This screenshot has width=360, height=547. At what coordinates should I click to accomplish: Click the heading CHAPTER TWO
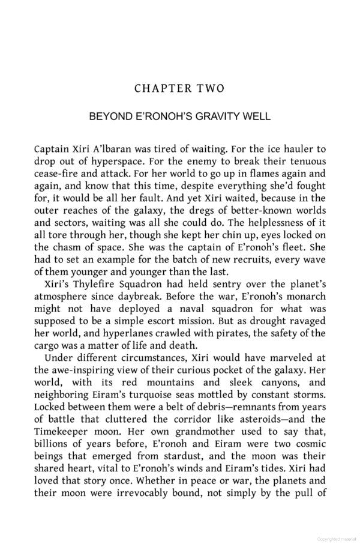click(179, 88)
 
